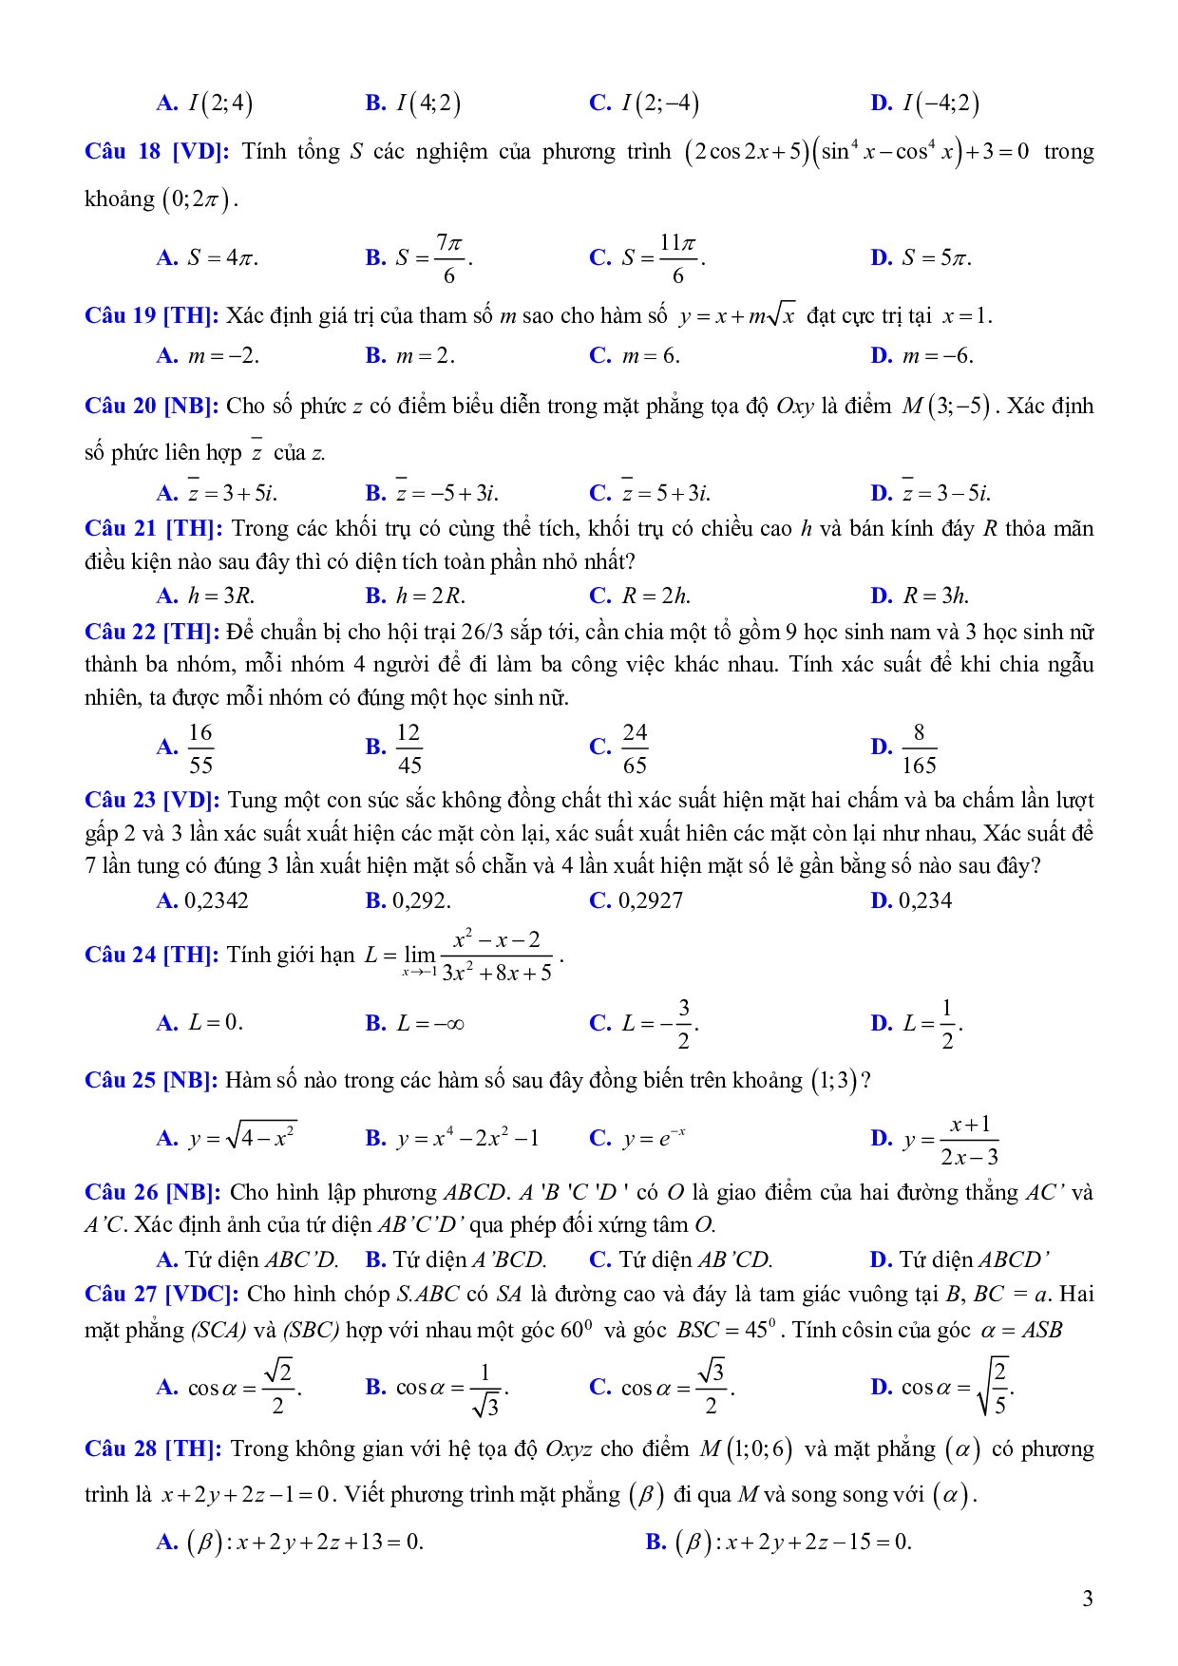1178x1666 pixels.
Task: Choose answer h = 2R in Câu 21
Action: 429,596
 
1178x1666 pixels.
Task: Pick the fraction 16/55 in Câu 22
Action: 200,748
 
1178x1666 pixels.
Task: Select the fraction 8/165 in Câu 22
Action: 918,748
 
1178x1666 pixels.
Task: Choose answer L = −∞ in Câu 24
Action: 429,1023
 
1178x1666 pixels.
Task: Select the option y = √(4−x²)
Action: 242,1137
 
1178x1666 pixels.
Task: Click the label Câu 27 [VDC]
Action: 161,1294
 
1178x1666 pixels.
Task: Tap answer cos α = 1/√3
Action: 452,1388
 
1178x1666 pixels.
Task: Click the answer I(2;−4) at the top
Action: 659,104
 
